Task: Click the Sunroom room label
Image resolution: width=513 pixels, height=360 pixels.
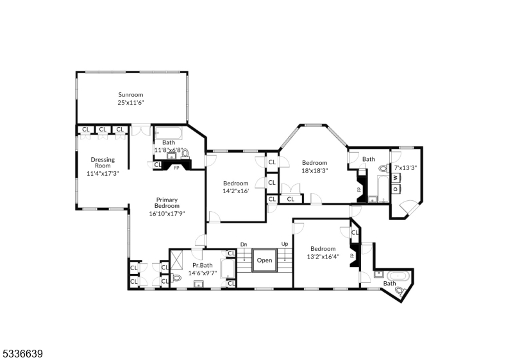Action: pyautogui.click(x=130, y=95)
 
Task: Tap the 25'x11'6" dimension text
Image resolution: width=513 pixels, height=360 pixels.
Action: pyautogui.click(x=130, y=103)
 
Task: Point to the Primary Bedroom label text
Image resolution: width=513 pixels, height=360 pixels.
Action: pyautogui.click(x=166, y=203)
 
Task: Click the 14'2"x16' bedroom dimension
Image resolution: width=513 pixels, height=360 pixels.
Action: pyautogui.click(x=235, y=191)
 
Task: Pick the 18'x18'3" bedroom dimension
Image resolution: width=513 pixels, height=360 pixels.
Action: pyautogui.click(x=315, y=171)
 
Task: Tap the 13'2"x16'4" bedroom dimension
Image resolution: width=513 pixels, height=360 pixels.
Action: pyautogui.click(x=323, y=257)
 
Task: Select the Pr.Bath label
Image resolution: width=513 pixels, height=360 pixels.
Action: pyautogui.click(x=202, y=265)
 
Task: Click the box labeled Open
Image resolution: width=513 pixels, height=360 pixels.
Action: pyautogui.click(x=264, y=261)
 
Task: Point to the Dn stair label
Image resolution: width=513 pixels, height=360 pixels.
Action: pyautogui.click(x=244, y=244)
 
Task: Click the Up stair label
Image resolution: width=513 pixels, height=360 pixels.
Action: pyautogui.click(x=284, y=244)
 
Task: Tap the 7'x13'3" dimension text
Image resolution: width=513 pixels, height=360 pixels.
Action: pyautogui.click(x=405, y=167)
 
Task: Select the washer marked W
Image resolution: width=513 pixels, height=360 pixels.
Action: pyautogui.click(x=396, y=177)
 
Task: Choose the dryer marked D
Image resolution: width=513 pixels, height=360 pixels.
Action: pyautogui.click(x=396, y=188)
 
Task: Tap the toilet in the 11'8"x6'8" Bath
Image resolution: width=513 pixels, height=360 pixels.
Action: pyautogui.click(x=185, y=154)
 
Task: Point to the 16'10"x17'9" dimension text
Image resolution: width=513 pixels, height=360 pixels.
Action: pyautogui.click(x=166, y=214)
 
